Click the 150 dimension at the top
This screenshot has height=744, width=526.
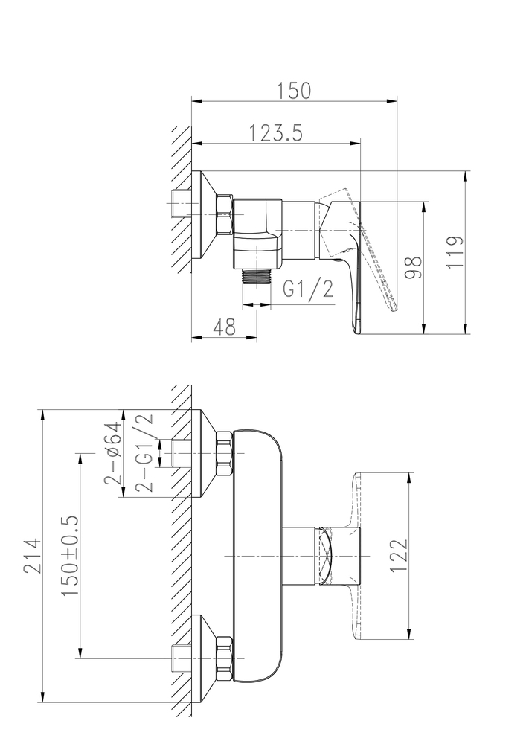(x=295, y=91)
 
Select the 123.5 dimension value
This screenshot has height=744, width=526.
(x=276, y=133)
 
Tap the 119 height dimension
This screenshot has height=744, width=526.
(x=455, y=251)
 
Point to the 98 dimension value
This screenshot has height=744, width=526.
(x=414, y=268)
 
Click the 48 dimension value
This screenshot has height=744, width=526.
(x=225, y=327)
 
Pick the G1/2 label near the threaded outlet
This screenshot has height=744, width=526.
(x=308, y=289)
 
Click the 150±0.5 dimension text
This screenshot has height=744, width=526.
(x=70, y=556)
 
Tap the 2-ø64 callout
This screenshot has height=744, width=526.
(x=113, y=452)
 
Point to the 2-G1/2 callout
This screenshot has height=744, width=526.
(x=144, y=452)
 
